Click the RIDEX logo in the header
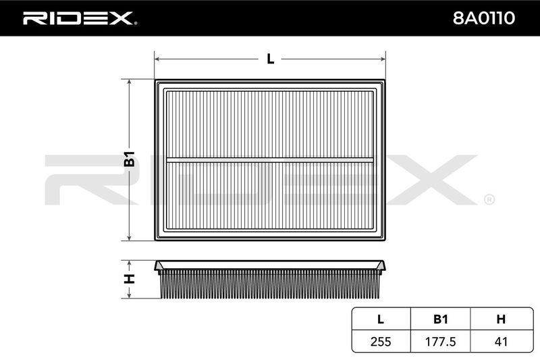click(79, 18)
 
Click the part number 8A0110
click(483, 18)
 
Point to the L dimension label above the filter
click(271, 59)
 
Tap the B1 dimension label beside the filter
click(130, 159)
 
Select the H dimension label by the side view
click(129, 279)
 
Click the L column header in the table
click(381, 319)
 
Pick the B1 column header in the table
click(441, 319)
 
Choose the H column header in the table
click(501, 319)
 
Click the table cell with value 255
click(381, 341)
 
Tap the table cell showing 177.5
click(441, 341)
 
